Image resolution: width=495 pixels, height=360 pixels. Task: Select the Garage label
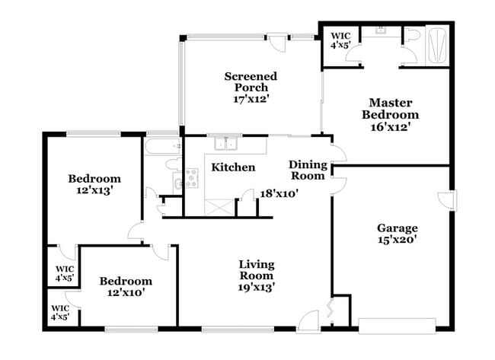pyautogui.click(x=397, y=228)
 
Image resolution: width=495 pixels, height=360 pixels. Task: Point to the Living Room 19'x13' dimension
pyautogui.click(x=257, y=287)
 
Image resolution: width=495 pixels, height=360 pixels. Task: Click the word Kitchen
pyautogui.click(x=233, y=167)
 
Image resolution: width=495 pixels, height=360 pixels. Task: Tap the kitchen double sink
pyautogui.click(x=226, y=143)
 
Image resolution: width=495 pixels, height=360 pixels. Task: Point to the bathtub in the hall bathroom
pyautogui.click(x=162, y=145)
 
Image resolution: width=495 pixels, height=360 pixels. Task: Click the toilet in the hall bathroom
pyautogui.click(x=171, y=163)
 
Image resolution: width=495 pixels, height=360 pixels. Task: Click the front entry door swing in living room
pyautogui.click(x=308, y=320)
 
